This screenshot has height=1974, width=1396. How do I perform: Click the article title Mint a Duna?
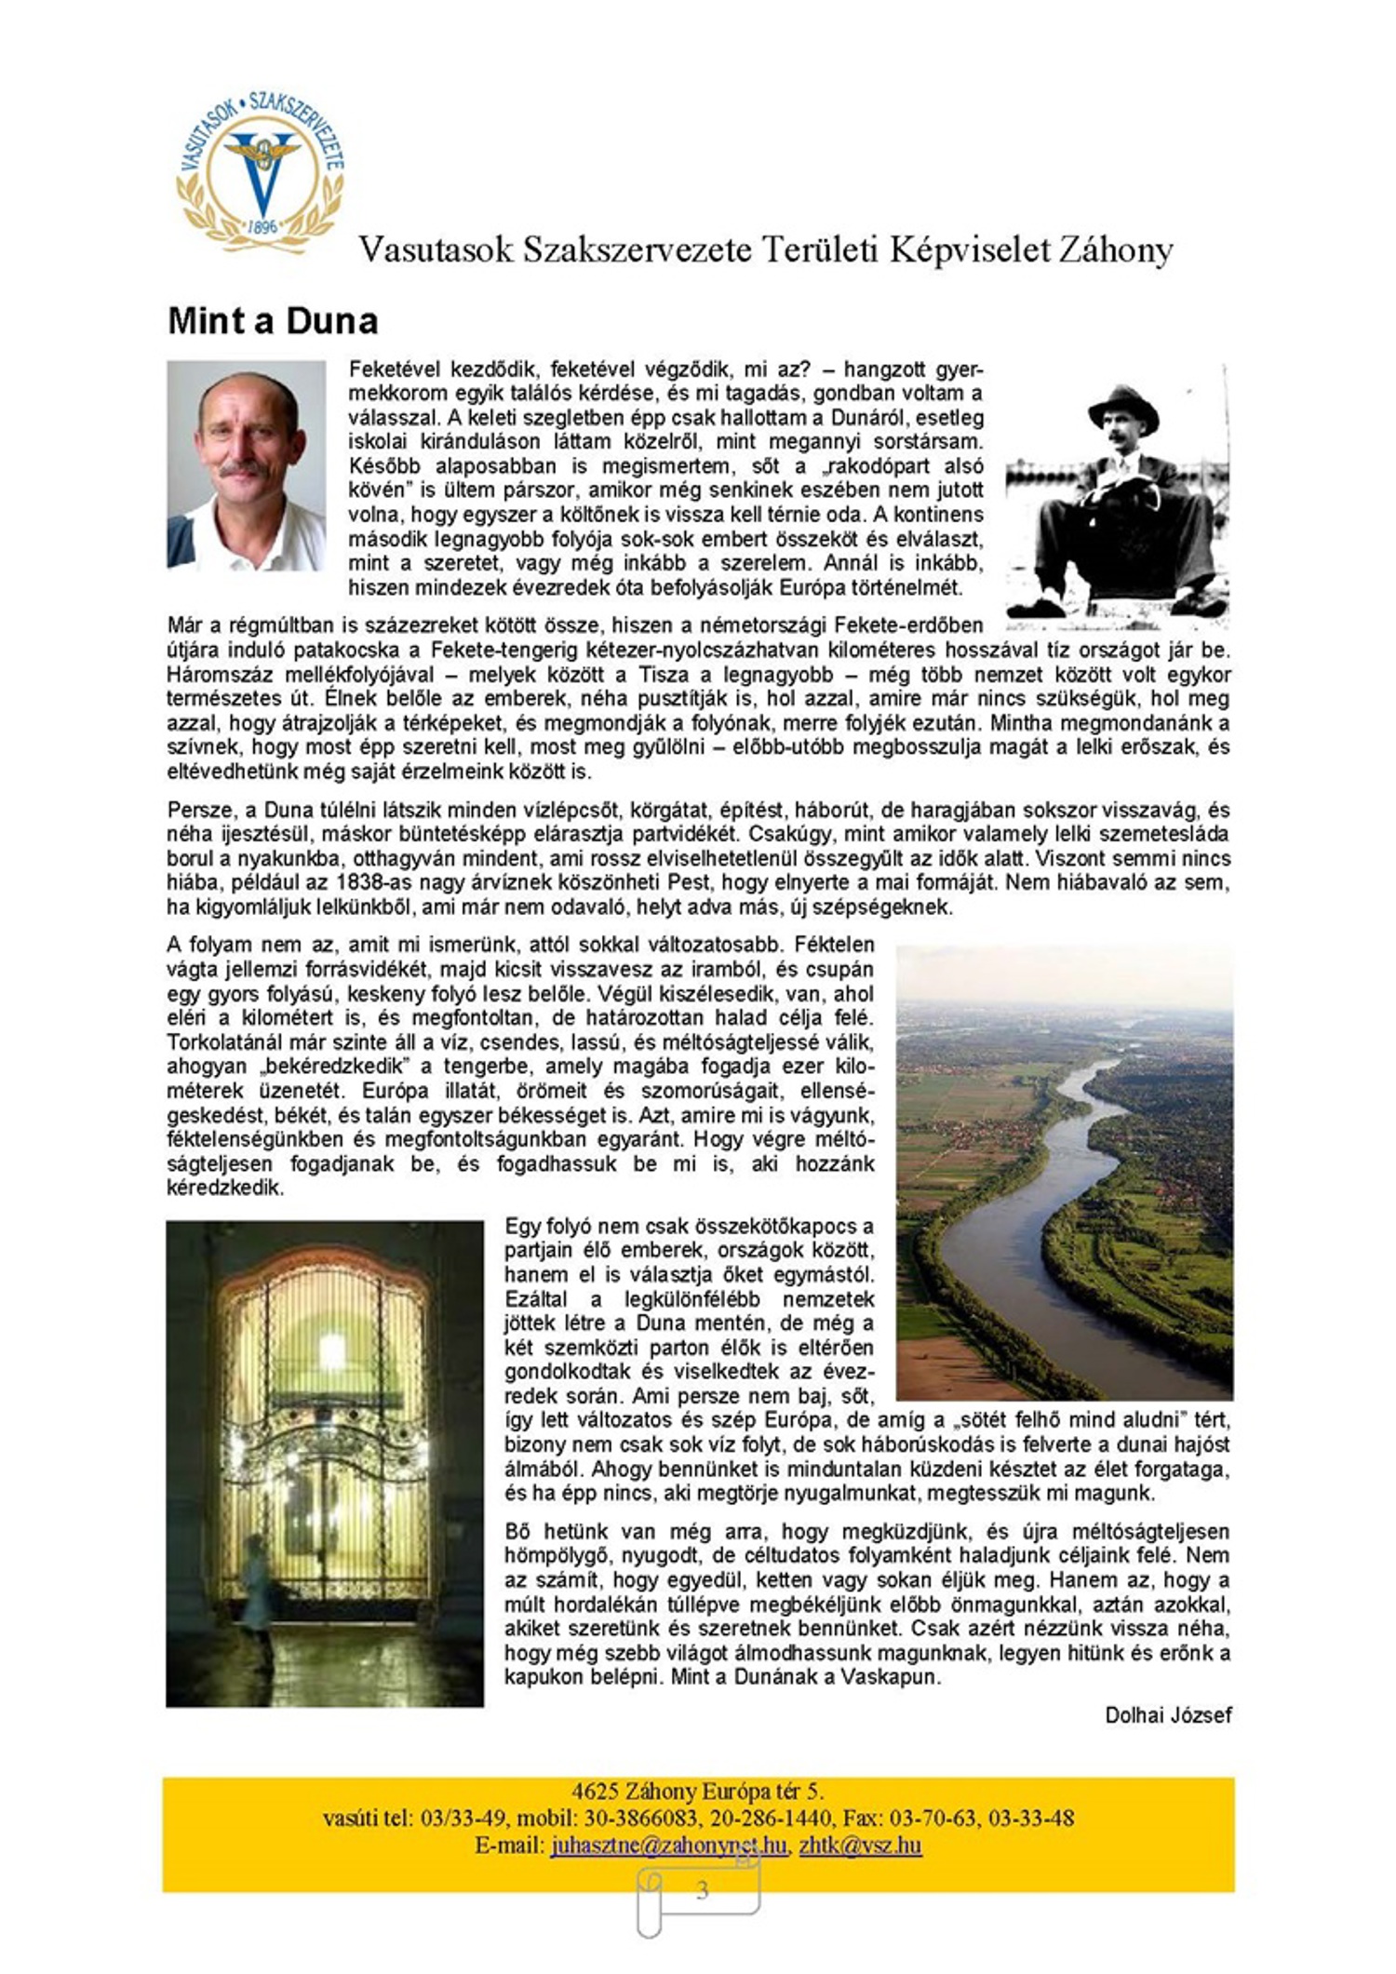(273, 321)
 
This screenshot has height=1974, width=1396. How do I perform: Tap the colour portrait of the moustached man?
(246, 464)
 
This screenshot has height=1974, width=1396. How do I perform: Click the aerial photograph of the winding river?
(1064, 1172)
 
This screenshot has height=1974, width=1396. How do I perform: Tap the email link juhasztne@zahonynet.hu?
(667, 1845)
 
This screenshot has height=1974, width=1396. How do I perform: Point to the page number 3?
(702, 1890)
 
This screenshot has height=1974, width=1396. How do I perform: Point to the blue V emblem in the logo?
(262, 168)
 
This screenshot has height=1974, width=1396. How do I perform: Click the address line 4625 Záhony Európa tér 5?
(697, 1792)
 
